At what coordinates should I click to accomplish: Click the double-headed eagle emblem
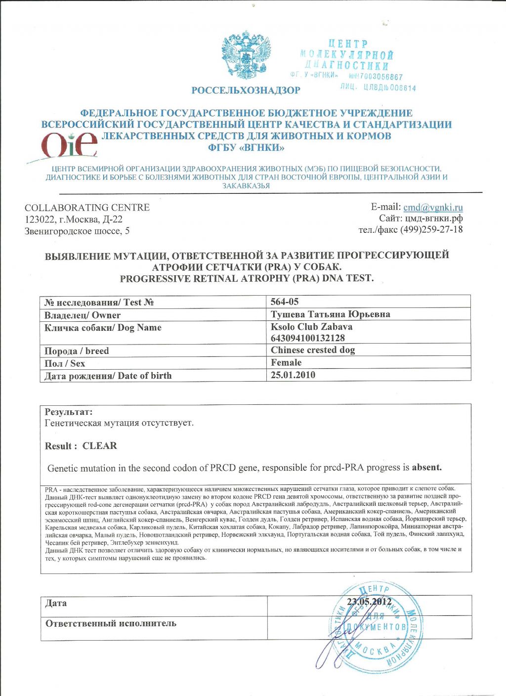tap(246, 55)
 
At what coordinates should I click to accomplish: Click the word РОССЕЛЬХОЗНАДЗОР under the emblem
tap(246, 90)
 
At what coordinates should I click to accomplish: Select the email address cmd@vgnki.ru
tap(433, 208)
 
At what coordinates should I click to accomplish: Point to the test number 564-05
tap(285, 302)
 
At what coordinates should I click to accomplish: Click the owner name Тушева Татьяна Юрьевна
tap(330, 314)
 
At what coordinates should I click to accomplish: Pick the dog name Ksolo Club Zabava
tap(311, 327)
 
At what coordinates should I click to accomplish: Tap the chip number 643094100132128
tap(307, 338)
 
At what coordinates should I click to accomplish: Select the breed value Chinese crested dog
tap(313, 350)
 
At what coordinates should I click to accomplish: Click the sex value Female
tap(286, 362)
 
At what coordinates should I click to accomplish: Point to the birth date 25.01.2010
tap(293, 375)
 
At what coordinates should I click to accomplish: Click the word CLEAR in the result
tap(100, 446)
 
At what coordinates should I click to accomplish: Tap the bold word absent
tap(427, 467)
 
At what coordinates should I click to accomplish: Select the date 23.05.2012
tap(370, 602)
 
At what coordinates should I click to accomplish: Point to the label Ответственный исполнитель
tap(111, 623)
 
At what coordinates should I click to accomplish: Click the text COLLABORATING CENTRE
tap(87, 208)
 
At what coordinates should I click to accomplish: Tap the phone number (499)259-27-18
tap(431, 229)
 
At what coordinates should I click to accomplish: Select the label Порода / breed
tap(77, 351)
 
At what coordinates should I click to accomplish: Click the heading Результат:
tap(69, 412)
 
